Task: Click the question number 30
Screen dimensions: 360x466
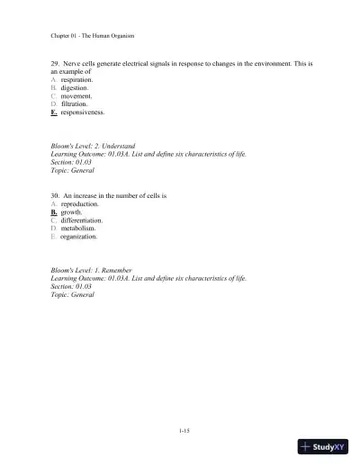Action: click(55, 195)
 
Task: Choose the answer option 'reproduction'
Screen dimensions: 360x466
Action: click(79, 204)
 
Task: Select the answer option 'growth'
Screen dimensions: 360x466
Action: click(70, 212)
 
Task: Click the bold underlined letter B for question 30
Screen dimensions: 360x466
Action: click(54, 212)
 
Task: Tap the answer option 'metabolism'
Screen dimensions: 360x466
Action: click(77, 229)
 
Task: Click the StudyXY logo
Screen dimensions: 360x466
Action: click(323, 446)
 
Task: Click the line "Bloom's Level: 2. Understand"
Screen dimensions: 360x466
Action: click(94, 145)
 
